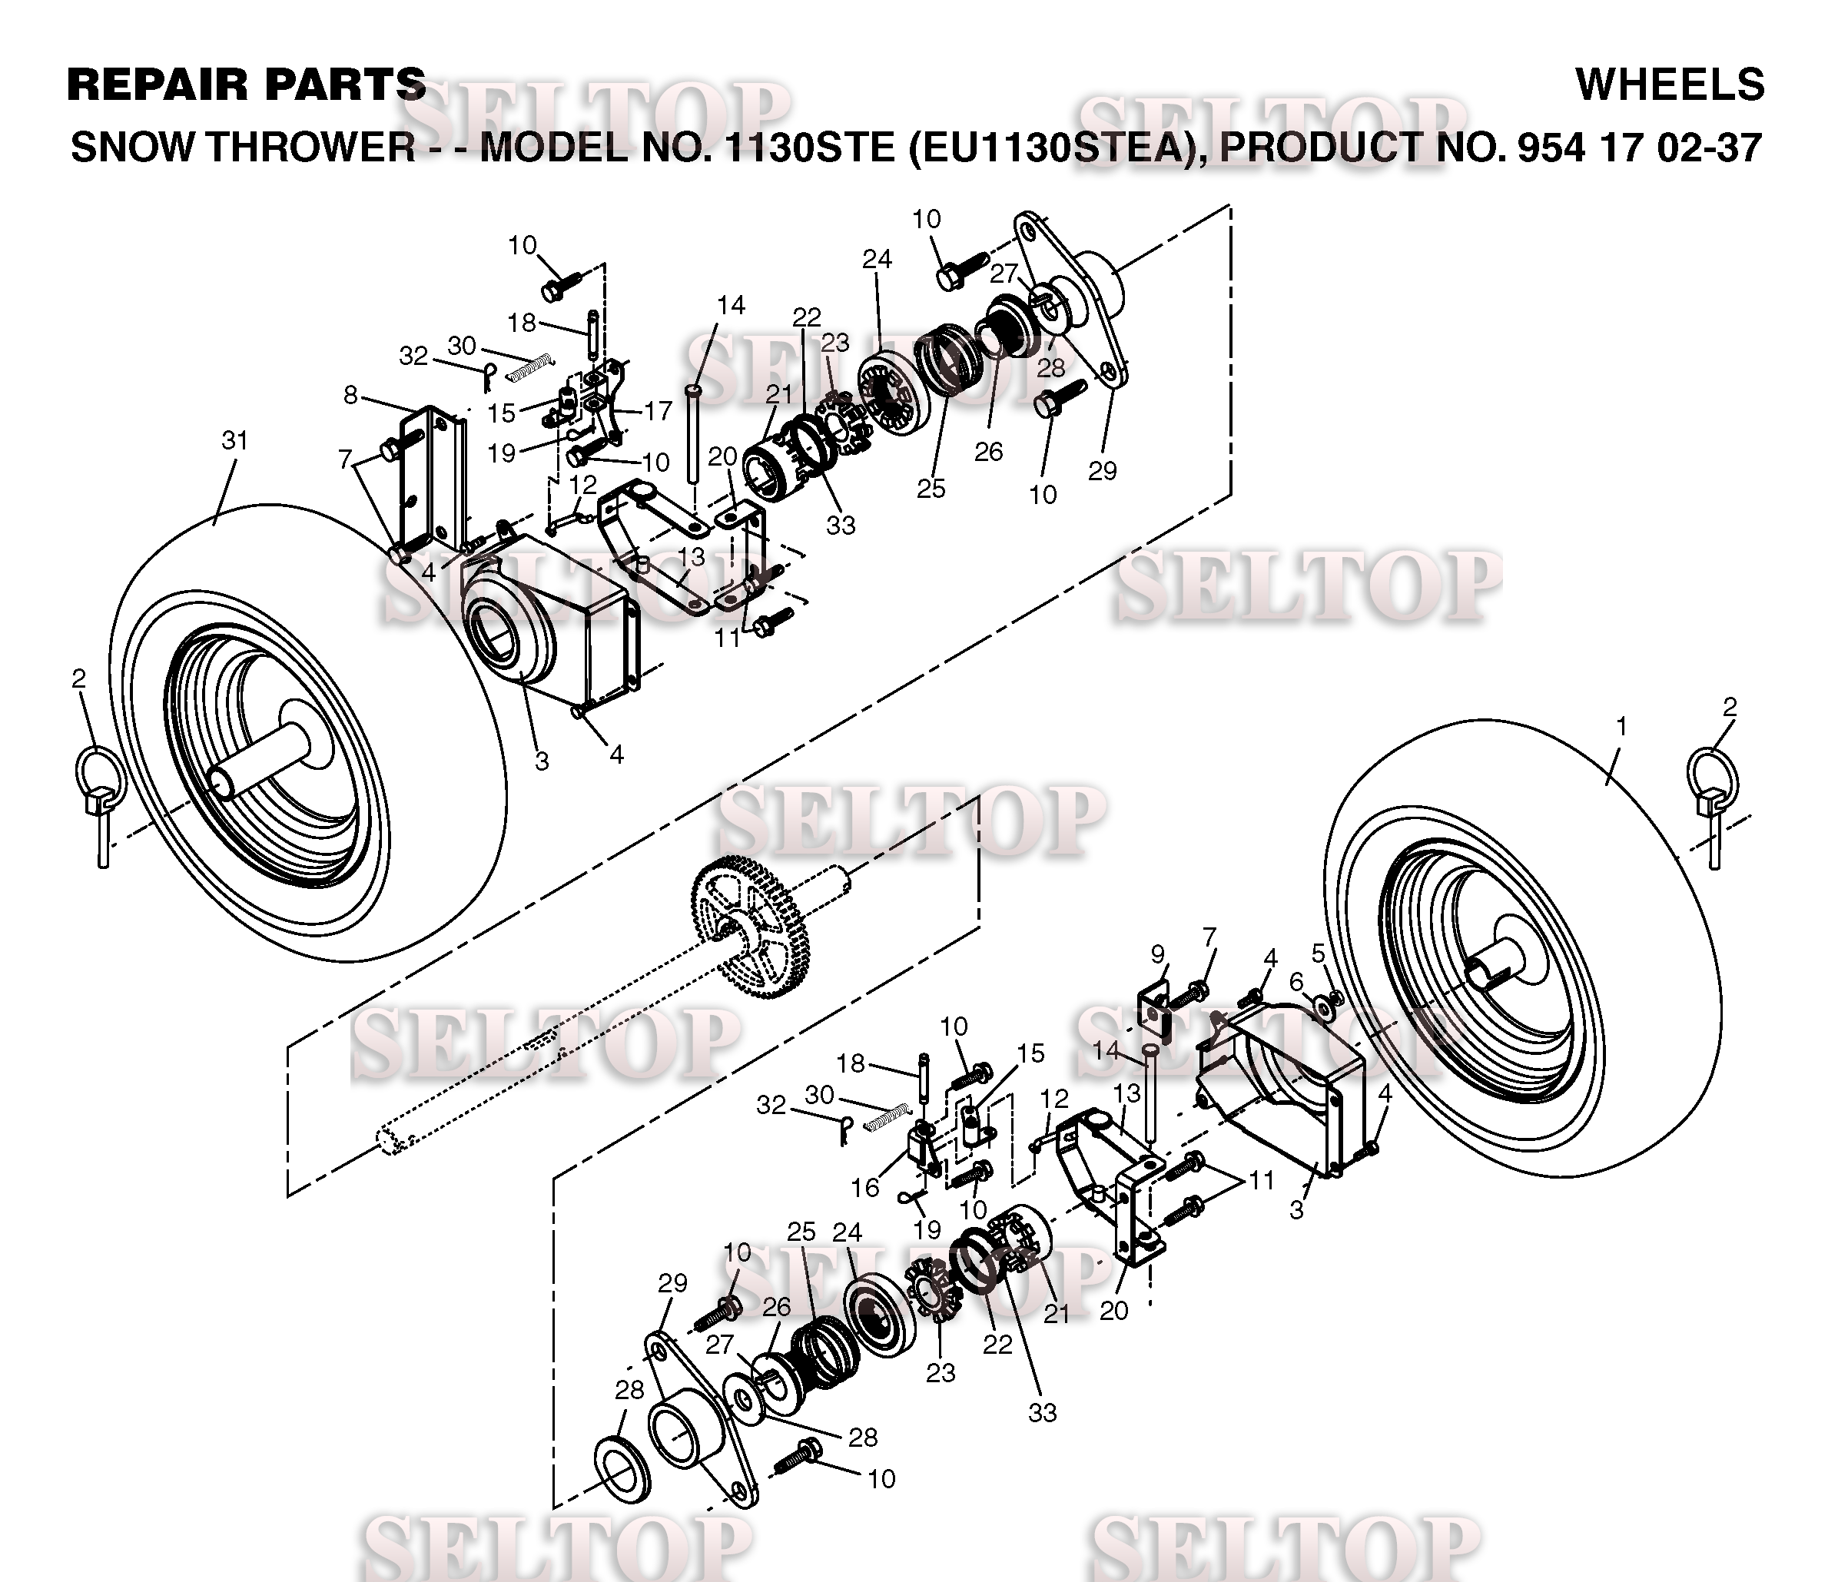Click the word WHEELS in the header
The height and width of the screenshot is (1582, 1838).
point(1670,85)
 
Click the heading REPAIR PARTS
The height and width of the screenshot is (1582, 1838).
point(247,85)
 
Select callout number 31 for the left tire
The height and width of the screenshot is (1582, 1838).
point(234,441)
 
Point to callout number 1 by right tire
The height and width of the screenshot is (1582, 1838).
point(1621,726)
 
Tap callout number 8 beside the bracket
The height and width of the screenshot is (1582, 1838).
point(351,395)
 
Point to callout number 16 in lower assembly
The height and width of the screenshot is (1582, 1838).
point(866,1186)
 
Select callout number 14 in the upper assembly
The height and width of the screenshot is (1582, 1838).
point(731,305)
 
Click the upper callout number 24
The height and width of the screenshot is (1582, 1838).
point(877,259)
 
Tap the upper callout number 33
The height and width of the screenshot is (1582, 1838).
point(840,525)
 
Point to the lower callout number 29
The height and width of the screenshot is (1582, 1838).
point(672,1283)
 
